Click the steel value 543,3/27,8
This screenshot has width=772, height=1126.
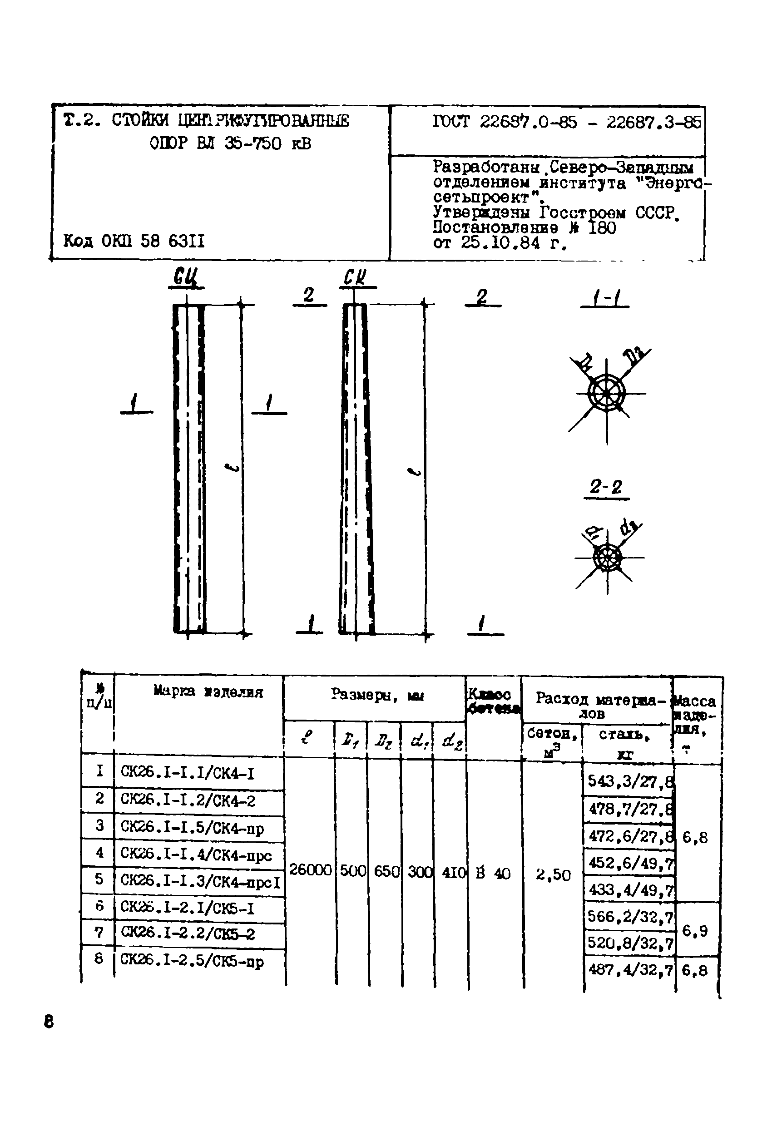[629, 781]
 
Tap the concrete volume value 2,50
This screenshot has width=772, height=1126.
[553, 874]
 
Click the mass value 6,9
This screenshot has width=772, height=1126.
[694, 931]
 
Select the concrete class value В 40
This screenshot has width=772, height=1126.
[493, 873]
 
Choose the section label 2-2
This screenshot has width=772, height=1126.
[606, 486]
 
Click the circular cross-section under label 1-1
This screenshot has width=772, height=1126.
[606, 393]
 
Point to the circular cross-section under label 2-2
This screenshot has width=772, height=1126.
[607, 558]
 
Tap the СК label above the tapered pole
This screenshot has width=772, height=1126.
[355, 277]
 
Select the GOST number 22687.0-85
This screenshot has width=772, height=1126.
[528, 122]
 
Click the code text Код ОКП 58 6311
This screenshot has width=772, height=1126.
[134, 241]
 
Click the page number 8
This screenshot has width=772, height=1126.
[49, 1022]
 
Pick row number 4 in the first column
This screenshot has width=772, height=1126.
[99, 852]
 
